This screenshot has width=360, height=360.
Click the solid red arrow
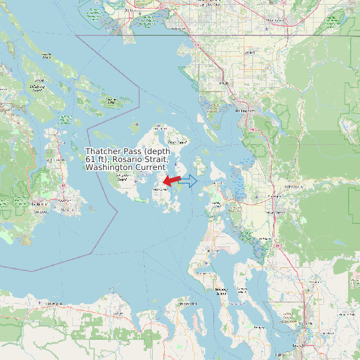171,181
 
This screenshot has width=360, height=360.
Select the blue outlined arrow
189,181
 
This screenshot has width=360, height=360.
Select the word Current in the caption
150,168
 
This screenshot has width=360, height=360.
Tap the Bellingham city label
244,110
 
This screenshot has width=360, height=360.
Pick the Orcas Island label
176,141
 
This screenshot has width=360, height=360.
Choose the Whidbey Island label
221,290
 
